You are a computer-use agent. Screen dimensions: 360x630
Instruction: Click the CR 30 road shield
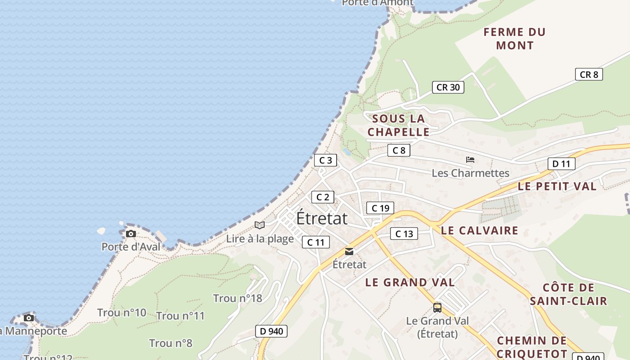point(448,87)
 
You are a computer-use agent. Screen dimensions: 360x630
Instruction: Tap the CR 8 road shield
point(589,75)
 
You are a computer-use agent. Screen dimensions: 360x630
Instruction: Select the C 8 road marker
point(399,150)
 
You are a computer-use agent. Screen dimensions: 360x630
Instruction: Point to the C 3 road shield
point(325,160)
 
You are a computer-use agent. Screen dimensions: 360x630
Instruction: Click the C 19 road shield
point(380,208)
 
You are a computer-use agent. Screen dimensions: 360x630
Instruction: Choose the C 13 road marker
point(404,234)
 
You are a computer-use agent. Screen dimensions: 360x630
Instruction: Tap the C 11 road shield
point(315,242)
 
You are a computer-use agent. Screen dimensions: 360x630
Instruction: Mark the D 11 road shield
point(561,164)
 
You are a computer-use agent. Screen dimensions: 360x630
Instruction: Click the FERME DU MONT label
point(514,39)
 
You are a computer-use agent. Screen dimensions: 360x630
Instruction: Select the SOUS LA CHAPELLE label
point(398,125)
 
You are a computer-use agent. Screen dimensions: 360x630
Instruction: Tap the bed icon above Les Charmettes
point(470,160)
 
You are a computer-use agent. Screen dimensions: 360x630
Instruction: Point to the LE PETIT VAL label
point(557,186)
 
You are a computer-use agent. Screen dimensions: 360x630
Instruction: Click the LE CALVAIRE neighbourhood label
point(479,230)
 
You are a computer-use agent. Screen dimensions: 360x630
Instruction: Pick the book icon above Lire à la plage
point(260,225)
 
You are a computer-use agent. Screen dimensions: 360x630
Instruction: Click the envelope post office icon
point(349,252)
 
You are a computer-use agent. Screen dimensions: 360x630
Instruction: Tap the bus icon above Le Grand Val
point(437,308)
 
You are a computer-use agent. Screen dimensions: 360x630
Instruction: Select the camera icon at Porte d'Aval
point(131,234)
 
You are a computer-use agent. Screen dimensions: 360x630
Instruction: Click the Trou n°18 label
point(237,298)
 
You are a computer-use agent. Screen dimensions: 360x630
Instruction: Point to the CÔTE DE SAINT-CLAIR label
point(568,294)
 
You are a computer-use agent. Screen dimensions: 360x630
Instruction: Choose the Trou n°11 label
point(180,316)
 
